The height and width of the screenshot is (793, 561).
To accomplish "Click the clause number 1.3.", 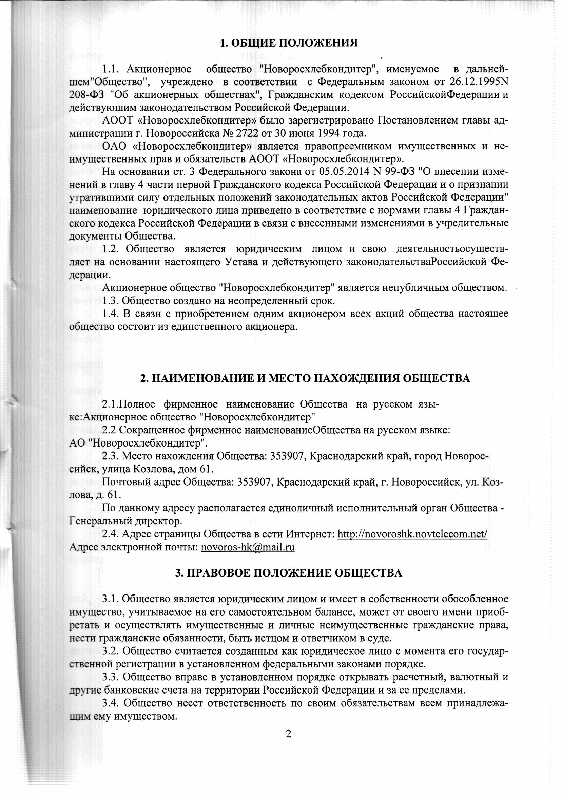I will pos(111,300).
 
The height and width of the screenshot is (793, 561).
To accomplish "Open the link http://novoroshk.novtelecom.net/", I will pos(412,534).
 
